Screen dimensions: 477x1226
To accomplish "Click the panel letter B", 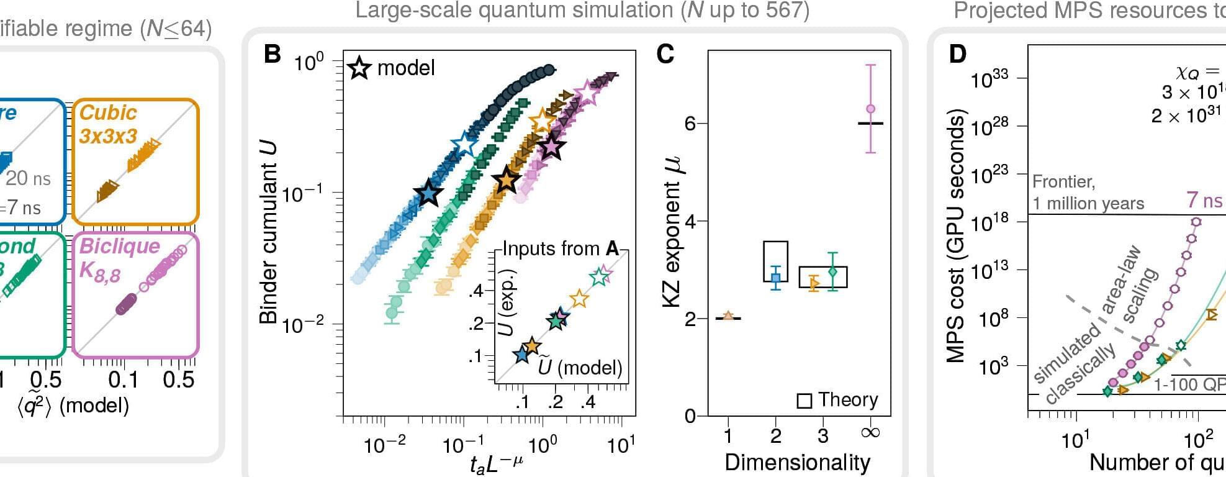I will pyautogui.click(x=273, y=54).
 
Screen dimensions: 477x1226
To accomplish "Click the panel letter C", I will pyautogui.click(x=665, y=54).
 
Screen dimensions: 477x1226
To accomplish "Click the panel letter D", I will pyautogui.click(x=958, y=54).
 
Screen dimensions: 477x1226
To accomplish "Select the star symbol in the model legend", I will pyautogui.click(x=359, y=68).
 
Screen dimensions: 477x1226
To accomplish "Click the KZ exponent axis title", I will pyautogui.click(x=672, y=232).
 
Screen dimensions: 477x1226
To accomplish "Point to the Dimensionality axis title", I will pyautogui.click(x=797, y=463).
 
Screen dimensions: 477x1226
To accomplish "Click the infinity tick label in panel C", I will pyautogui.click(x=870, y=433).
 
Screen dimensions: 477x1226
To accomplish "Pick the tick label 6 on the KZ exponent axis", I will pyautogui.click(x=690, y=123).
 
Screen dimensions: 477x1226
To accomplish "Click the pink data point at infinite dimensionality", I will pyautogui.click(x=870, y=109).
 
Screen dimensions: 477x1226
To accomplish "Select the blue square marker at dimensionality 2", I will pyautogui.click(x=775, y=278).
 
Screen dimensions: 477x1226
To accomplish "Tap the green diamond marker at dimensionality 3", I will pyautogui.click(x=833, y=272).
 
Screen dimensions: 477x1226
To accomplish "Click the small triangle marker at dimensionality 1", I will pyautogui.click(x=728, y=316).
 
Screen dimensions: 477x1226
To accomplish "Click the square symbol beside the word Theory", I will pyautogui.click(x=804, y=401).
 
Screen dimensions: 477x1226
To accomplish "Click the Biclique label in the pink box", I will pyautogui.click(x=119, y=246).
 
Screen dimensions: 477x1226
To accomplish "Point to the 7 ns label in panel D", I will pyautogui.click(x=1204, y=200).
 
